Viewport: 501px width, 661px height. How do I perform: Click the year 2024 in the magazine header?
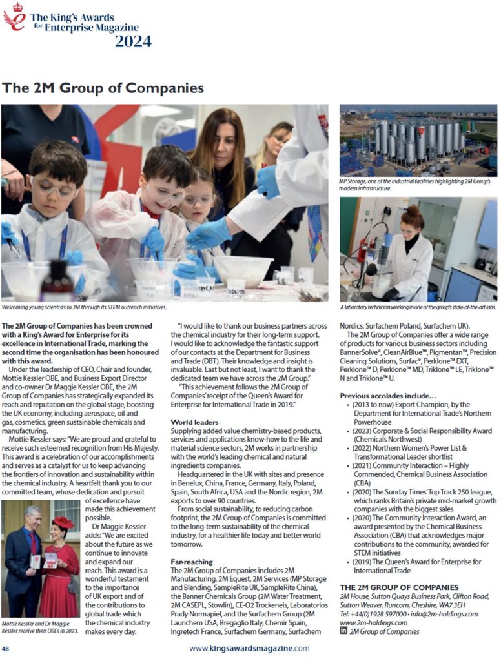tap(133, 42)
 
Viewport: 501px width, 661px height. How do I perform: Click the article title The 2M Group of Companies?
tap(103, 88)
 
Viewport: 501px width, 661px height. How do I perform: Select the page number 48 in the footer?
tap(5, 648)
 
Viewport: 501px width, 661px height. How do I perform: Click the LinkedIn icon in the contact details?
tap(343, 631)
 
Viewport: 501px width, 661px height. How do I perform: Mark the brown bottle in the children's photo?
tap(57, 281)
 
